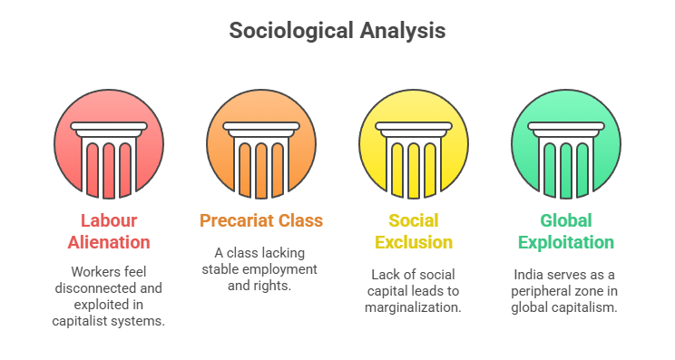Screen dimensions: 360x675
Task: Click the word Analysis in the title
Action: pyautogui.click(x=399, y=31)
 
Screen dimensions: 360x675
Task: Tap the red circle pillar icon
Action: pyautogui.click(x=109, y=146)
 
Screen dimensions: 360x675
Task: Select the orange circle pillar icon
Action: pyautogui.click(x=261, y=146)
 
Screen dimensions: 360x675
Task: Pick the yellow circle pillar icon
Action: pyautogui.click(x=414, y=146)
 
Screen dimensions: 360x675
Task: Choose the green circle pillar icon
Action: pyautogui.click(x=566, y=146)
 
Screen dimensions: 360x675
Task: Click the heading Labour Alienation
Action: pyautogui.click(x=109, y=231)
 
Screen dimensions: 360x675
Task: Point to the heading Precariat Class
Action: pyautogui.click(x=261, y=220)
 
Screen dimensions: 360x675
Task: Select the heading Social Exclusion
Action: pyautogui.click(x=414, y=231)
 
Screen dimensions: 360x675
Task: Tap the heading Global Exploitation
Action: pyautogui.click(x=566, y=231)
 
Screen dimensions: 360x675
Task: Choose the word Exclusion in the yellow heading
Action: pyautogui.click(x=414, y=242)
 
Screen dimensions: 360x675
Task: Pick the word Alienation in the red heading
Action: pyautogui.click(x=109, y=242)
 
